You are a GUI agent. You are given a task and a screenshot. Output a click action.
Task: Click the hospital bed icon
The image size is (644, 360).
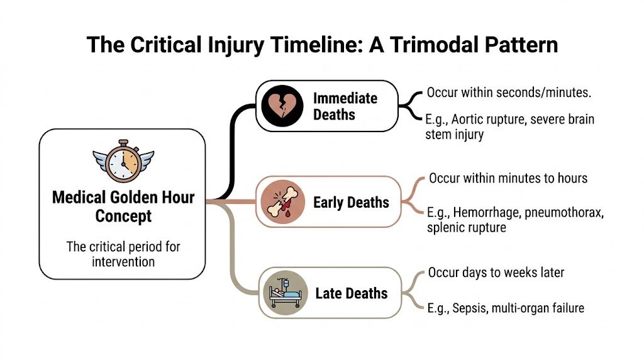(x=282, y=293)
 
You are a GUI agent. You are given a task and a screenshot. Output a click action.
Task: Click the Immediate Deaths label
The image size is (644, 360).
(x=345, y=106)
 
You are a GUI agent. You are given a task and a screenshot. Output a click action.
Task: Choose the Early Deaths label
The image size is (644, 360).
(x=351, y=202)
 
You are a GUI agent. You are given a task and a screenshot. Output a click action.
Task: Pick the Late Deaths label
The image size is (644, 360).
(x=351, y=293)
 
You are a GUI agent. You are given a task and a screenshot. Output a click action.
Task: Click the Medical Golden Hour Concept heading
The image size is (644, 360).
(x=123, y=206)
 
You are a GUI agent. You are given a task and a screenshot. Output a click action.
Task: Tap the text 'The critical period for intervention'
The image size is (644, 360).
(x=123, y=253)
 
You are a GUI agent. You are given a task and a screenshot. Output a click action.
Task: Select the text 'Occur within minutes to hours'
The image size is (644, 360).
(x=508, y=178)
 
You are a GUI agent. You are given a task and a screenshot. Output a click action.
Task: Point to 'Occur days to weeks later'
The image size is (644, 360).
(x=496, y=273)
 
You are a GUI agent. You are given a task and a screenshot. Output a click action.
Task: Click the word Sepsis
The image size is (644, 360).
(x=473, y=308)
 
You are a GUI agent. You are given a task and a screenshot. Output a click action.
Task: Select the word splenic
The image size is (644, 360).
(x=447, y=228)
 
